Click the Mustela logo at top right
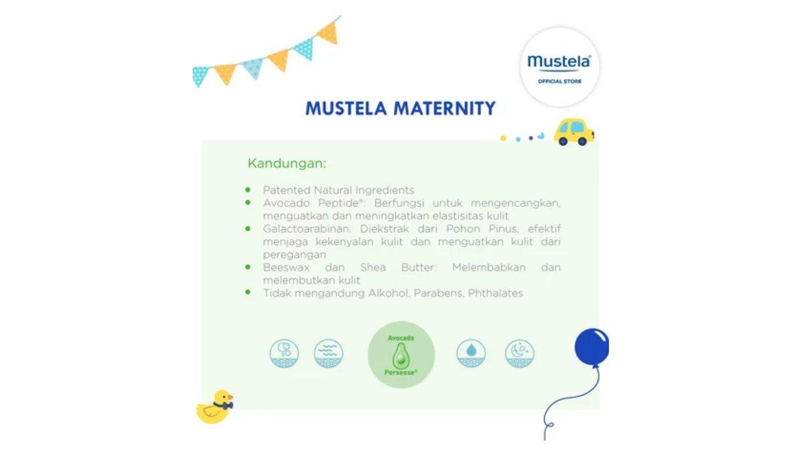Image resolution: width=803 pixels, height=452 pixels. [559, 62]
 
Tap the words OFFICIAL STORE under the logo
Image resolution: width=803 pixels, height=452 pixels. [559, 82]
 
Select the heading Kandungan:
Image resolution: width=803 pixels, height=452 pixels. [286, 163]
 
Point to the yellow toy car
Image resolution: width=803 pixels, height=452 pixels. [573, 131]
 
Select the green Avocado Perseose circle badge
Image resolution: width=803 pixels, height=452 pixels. [401, 354]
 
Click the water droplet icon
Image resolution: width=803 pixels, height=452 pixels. [471, 353]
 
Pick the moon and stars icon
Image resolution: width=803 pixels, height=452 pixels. [519, 353]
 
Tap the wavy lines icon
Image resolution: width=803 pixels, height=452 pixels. [329, 353]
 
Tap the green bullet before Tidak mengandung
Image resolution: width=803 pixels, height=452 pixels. [248, 293]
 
